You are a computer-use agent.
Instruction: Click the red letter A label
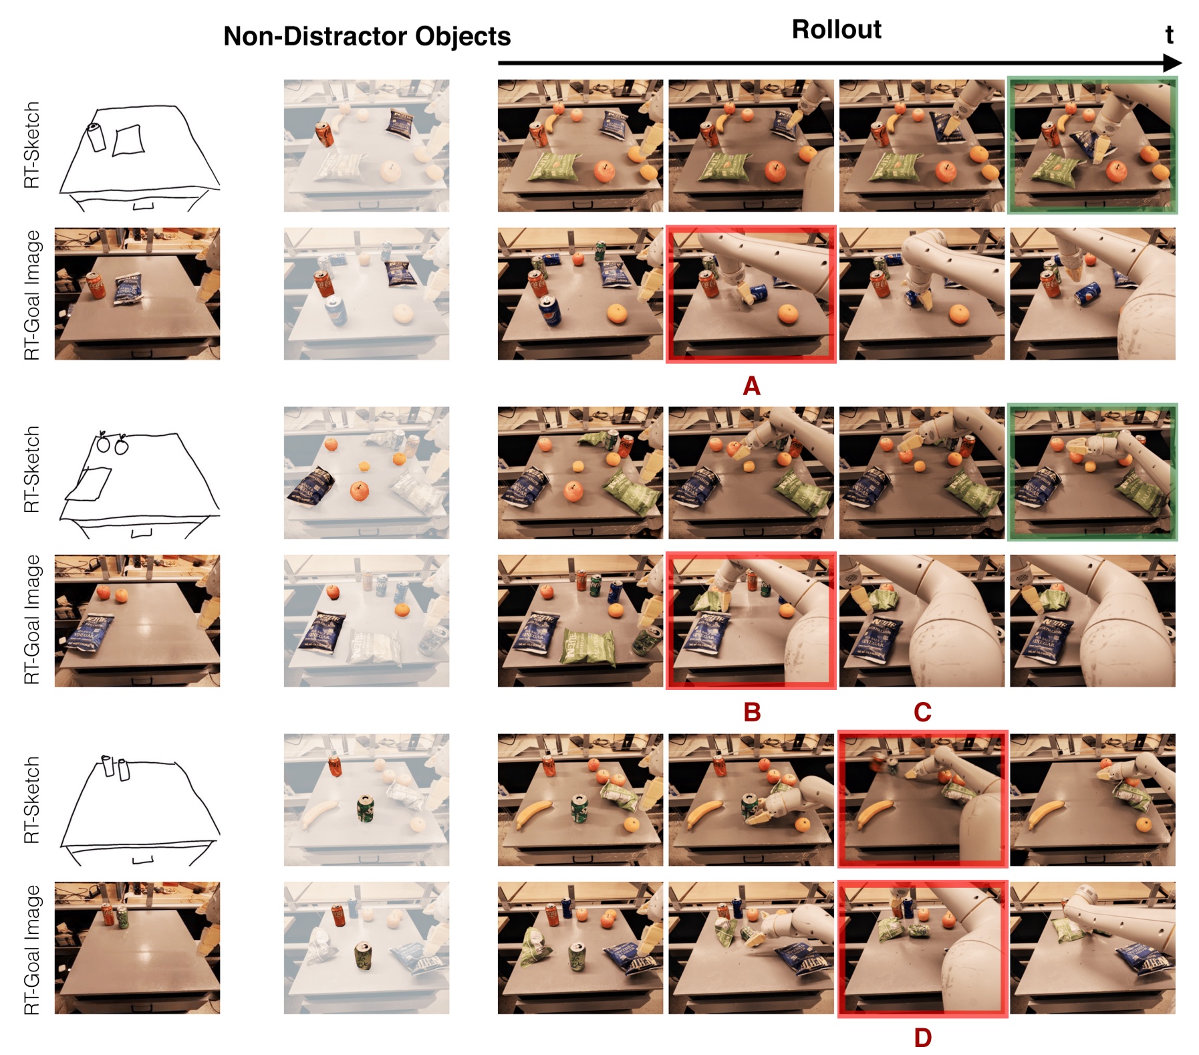tap(751, 386)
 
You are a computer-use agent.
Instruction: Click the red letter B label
tap(752, 712)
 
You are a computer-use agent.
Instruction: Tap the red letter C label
tap(922, 712)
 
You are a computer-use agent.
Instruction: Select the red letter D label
tap(922, 1038)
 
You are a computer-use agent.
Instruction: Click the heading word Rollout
tap(836, 29)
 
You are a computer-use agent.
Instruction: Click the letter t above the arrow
tap(1169, 35)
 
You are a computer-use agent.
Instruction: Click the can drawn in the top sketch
tap(96, 137)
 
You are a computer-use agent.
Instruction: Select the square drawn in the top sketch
tap(128, 140)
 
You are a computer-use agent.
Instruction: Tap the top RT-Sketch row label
tap(31, 145)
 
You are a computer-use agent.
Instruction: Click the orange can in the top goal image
tap(96, 286)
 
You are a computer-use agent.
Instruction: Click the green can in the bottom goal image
tap(122, 917)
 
